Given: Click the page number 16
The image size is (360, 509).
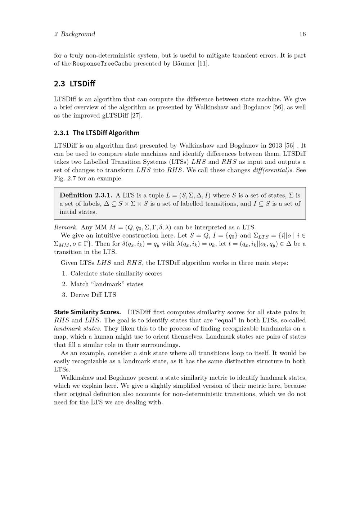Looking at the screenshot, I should point(302,34).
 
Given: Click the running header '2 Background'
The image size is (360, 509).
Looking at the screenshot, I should point(75,34).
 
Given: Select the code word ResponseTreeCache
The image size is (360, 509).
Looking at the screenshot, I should point(102,64).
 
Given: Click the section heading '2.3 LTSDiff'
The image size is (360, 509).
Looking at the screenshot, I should point(75,84).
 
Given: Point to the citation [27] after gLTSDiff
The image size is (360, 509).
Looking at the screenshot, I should point(136,116).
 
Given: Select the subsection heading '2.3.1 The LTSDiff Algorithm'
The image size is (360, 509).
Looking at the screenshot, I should point(96,133).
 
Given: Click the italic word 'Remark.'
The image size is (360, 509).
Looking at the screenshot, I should point(66,228).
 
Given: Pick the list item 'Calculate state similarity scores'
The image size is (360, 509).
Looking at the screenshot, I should point(116,274).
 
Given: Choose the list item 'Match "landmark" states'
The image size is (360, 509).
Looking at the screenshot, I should point(107,284).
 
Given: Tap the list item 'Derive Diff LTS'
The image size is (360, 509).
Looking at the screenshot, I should point(93,295).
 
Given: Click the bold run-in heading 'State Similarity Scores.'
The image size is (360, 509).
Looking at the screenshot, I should point(87,312).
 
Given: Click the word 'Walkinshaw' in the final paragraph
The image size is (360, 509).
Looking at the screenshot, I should point(78,378).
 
